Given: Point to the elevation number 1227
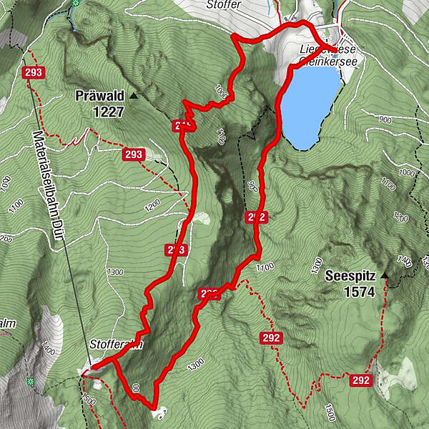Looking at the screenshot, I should point(108,112).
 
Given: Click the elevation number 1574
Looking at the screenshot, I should point(359,292).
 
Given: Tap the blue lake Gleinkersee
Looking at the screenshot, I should point(308,104).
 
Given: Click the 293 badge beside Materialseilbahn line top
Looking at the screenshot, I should point(32,73).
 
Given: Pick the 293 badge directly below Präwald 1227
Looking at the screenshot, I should point(133,154).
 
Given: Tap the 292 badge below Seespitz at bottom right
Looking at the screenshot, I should point(361,380).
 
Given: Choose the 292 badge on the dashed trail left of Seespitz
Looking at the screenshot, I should point(272,338).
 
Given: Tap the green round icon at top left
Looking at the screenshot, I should point(76,4).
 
